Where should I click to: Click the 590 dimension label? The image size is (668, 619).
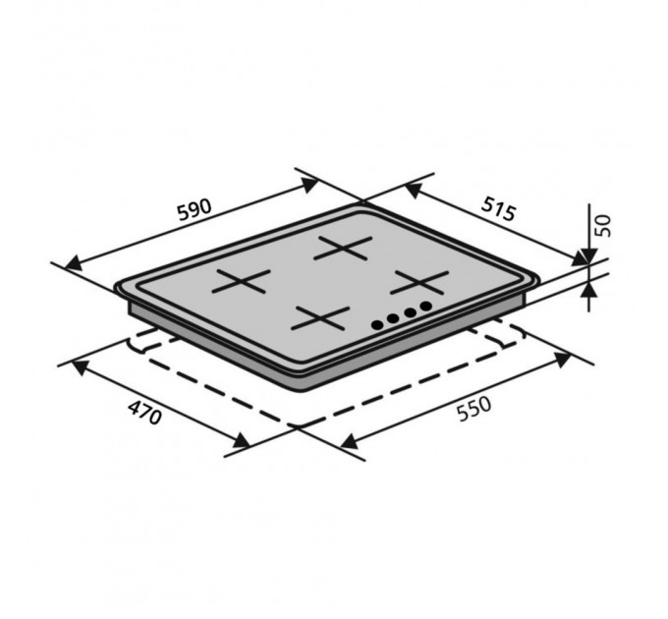coord(195,209)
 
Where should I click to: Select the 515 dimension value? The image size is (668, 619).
coord(498,209)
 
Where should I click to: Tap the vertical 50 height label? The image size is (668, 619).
coord(603,226)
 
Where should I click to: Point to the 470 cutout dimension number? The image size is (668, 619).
coord(145,412)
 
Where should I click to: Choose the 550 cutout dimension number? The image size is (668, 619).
coord(473,409)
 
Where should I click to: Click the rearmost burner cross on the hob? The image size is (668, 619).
coord(343,248)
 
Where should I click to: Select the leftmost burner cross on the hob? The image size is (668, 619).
coord(241,281)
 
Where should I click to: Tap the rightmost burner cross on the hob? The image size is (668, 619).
coord(420,282)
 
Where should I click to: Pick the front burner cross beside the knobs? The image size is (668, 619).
coord(320,318)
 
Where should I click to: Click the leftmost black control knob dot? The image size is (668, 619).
coord(377,325)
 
